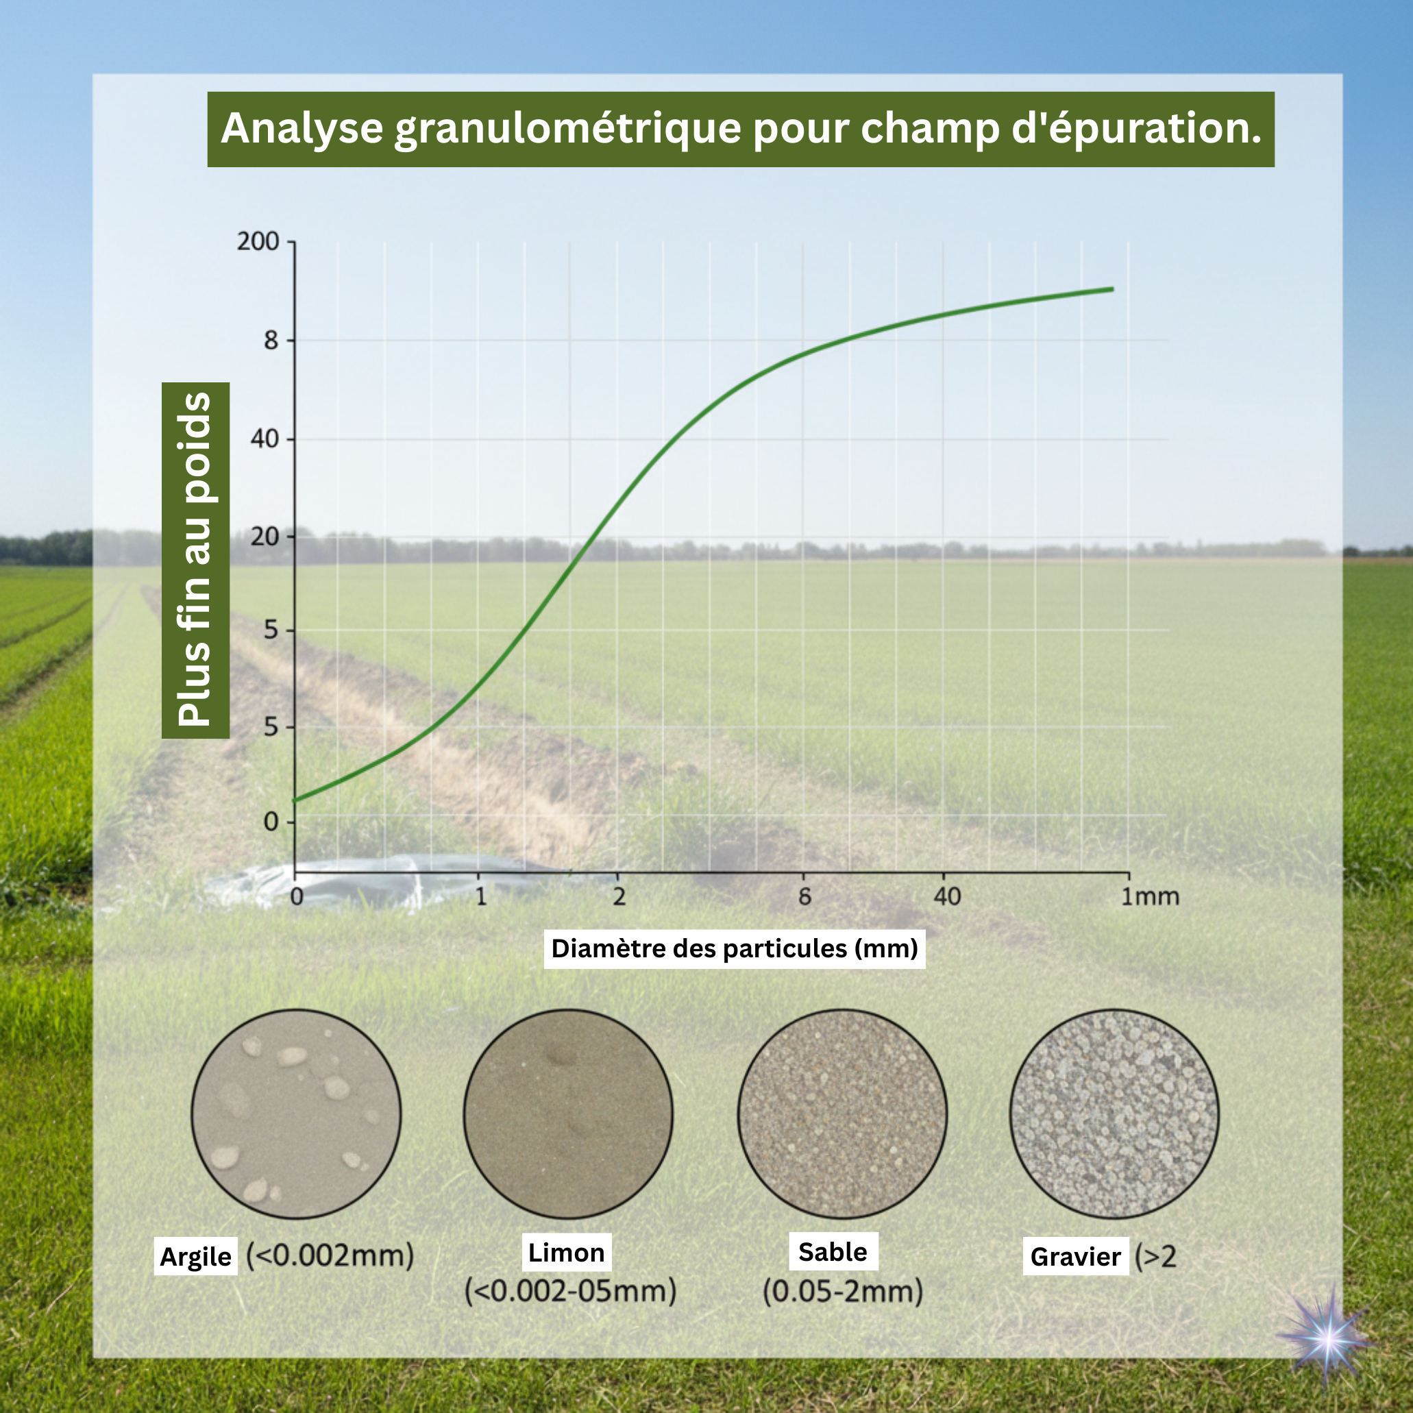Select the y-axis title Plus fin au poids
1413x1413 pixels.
(195, 561)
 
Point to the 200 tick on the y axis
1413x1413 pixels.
(258, 241)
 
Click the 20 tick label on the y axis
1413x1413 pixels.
(265, 537)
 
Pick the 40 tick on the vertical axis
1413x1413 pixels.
(265, 439)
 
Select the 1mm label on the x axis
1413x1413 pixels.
(1151, 896)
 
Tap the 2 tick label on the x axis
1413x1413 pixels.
(619, 896)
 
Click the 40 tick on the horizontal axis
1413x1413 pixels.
(947, 896)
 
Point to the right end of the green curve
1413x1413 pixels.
(1112, 289)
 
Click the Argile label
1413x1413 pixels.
(195, 1257)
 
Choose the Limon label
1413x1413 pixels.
(566, 1253)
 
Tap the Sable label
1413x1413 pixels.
(833, 1252)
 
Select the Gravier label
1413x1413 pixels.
(1075, 1257)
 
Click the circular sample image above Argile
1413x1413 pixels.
(296, 1114)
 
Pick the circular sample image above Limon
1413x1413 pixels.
(568, 1114)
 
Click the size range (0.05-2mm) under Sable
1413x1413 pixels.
(843, 1292)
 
